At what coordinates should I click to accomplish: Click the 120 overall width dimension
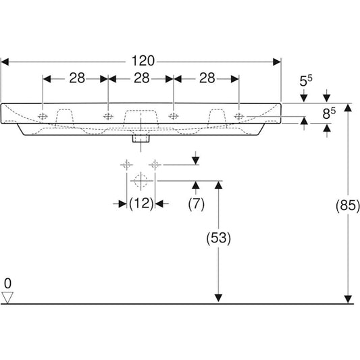click(140, 61)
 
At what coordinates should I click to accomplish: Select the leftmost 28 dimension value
click(76, 78)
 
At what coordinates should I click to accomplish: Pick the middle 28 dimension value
click(140, 78)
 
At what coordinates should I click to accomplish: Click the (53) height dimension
click(217, 237)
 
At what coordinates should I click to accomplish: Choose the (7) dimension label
click(195, 204)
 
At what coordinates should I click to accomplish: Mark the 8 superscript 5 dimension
click(328, 113)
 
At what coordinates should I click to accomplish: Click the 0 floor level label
click(7, 282)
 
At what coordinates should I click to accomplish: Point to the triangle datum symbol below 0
click(8, 297)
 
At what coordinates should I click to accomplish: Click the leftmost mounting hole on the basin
click(44, 116)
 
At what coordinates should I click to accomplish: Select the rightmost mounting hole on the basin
click(238, 116)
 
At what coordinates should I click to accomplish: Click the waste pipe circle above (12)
click(141, 180)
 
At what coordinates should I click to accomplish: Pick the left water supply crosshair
click(126, 163)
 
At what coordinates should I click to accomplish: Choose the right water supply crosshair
click(157, 163)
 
